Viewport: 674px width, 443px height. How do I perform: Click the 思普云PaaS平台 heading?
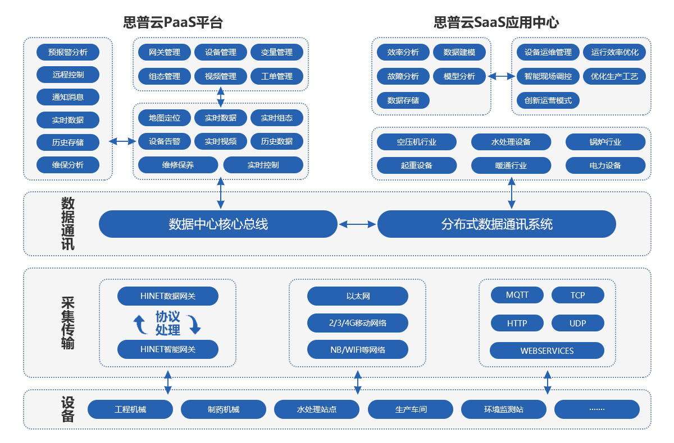173,22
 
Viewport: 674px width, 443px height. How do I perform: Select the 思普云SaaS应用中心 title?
496,22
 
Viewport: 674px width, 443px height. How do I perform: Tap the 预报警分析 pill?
68,52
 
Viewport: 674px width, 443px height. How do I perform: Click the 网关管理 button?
165,52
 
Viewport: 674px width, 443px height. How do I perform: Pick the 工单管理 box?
277,76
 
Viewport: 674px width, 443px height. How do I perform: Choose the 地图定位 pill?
165,118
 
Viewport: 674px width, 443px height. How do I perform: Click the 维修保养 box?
178,165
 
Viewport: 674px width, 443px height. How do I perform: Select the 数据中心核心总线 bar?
218,224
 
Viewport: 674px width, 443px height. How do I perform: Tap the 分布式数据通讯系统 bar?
497,224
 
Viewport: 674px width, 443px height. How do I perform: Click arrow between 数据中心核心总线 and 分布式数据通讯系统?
357,224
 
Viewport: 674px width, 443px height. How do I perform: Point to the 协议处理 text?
167,323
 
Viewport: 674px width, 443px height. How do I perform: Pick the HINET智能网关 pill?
167,349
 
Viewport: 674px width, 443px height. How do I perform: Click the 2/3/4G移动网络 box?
357,323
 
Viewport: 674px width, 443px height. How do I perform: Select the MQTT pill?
517,295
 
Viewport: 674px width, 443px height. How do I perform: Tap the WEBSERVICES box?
547,350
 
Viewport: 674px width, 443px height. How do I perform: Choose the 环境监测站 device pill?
503,409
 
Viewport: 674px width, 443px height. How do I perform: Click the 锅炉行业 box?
605,142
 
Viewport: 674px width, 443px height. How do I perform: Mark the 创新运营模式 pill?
548,100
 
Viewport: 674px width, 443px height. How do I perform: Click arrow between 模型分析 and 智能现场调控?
502,76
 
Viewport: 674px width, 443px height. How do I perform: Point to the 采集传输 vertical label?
67,323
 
